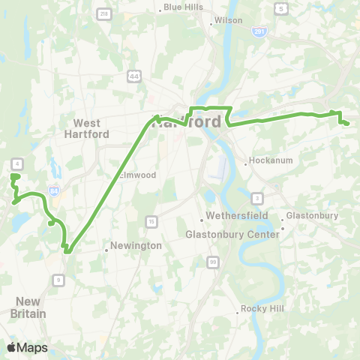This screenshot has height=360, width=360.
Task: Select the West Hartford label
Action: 91,128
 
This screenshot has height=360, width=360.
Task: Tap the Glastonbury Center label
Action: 232,234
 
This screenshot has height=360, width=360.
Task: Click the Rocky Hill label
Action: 259,309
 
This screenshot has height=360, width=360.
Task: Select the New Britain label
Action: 29,307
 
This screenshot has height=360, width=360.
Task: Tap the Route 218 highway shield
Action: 104,14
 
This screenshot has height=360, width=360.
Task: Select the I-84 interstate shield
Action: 52,190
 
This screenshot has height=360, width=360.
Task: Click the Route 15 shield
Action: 151,220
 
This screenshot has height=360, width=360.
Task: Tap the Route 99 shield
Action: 214,261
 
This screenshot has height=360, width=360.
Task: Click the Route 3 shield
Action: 257,198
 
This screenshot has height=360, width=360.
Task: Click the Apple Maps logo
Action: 27,347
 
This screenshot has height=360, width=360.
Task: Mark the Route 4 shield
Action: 16,163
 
